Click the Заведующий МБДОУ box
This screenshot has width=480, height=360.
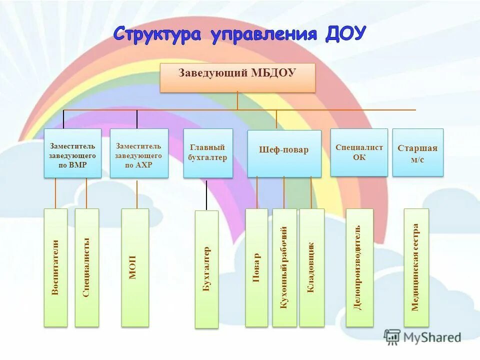(237, 77)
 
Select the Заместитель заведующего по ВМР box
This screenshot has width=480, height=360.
(72, 153)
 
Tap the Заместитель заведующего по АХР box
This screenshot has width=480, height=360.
(139, 153)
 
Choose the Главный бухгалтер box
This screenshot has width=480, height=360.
(208, 153)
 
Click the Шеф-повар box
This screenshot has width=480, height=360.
(284, 153)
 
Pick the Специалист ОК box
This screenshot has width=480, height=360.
(359, 152)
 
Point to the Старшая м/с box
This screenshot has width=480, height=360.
(417, 152)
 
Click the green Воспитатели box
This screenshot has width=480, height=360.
(55, 267)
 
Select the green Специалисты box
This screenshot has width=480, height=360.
(86, 267)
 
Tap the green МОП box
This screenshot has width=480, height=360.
(135, 267)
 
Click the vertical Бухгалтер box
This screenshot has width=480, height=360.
(206, 269)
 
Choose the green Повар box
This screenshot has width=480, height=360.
(256, 267)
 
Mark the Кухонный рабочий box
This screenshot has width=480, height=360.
(284, 267)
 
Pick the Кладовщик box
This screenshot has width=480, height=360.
(311, 267)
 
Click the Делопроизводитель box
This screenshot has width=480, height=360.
(359, 267)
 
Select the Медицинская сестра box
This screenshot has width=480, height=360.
(416, 267)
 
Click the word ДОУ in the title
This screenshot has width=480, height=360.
(345, 34)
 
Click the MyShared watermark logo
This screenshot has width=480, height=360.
(422, 337)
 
